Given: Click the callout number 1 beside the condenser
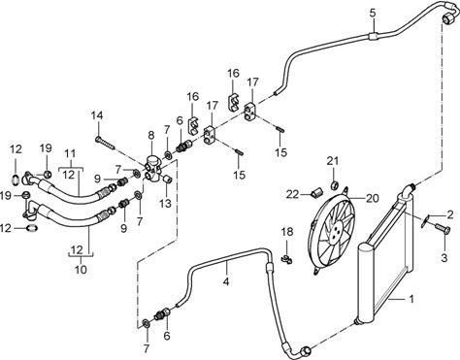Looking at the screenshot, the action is click(x=411, y=299).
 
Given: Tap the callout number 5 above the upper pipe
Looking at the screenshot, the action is click(x=373, y=14).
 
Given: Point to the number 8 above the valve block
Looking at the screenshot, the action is click(x=151, y=136).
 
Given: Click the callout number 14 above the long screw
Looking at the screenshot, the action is click(x=97, y=115).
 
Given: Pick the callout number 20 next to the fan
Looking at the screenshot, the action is click(x=372, y=198).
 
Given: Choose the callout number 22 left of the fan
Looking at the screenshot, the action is click(x=292, y=194).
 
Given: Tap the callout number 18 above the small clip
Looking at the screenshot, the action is click(x=287, y=232).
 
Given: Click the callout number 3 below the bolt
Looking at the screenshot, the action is click(x=444, y=258).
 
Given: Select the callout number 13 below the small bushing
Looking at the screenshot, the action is click(x=165, y=203).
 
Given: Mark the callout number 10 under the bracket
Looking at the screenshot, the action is click(x=81, y=269).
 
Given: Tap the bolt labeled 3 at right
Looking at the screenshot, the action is click(x=443, y=229).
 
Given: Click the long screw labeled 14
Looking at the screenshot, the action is click(x=106, y=143).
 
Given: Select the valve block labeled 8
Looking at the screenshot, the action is click(x=152, y=167).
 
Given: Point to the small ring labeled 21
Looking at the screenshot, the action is click(x=334, y=185).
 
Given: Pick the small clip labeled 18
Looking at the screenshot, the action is click(x=286, y=258).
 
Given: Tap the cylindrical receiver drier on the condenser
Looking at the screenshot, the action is click(x=368, y=283).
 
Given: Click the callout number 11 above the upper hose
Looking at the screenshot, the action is click(x=71, y=153).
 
